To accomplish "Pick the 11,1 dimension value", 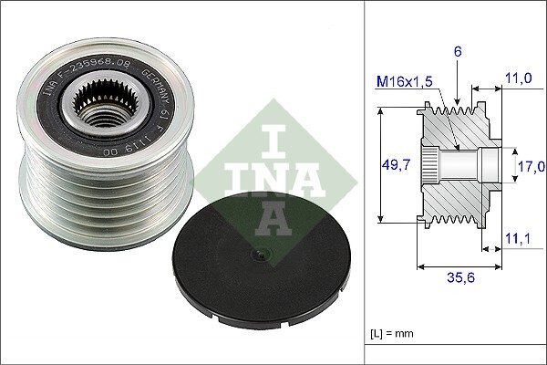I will click(x=518, y=239).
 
